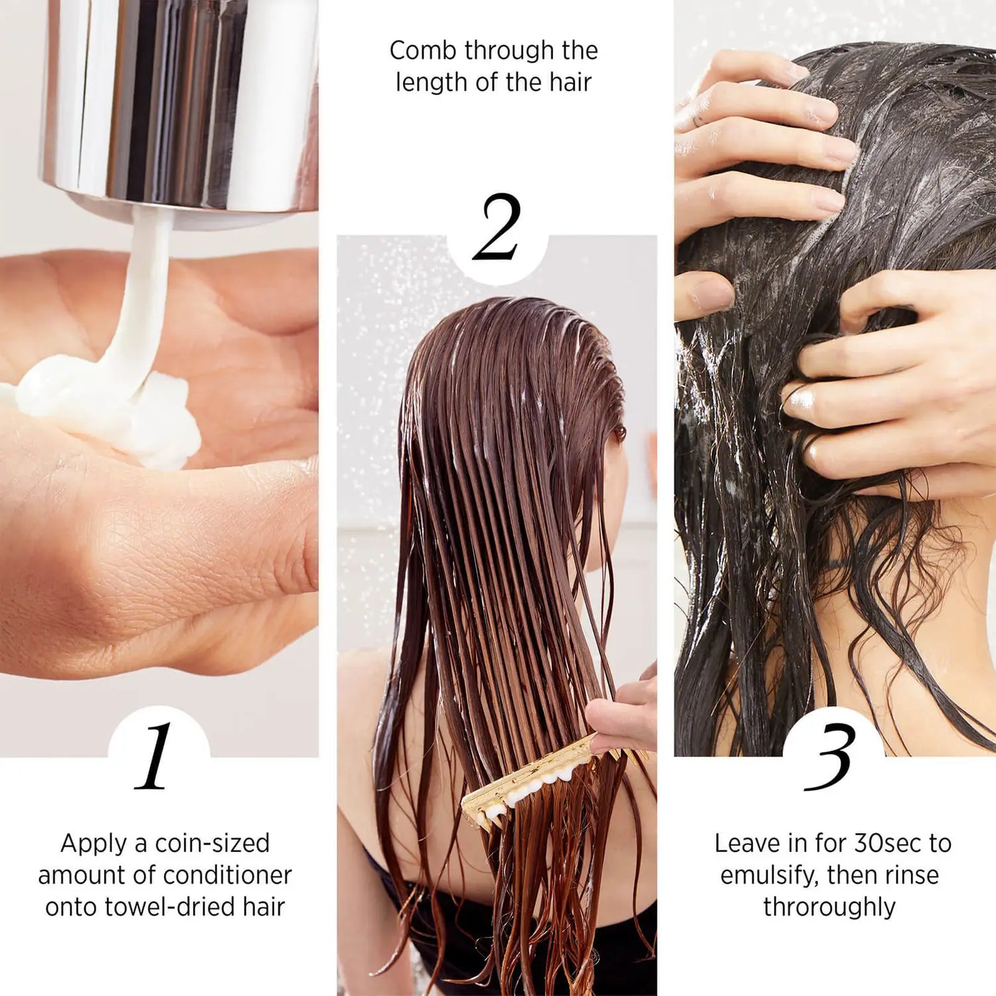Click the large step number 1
pos(155,757)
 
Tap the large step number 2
pos(497,228)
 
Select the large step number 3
pos(829,757)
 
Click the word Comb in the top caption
pos(416,50)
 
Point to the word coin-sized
pos(212,843)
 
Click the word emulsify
pos(770,875)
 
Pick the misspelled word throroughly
pos(829,907)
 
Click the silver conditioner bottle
pos(179,100)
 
